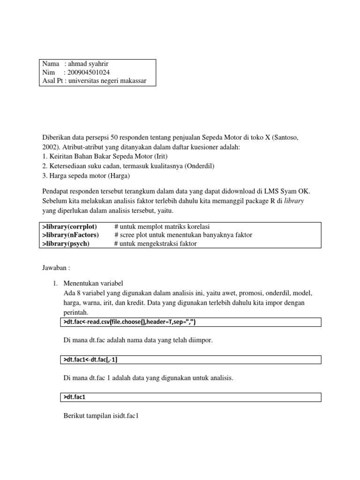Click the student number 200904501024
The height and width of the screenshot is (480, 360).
[x=89, y=72]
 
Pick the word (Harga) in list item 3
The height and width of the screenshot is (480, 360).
[x=120, y=176]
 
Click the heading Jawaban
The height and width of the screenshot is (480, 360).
[x=56, y=268]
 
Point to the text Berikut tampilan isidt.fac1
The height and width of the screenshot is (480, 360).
[x=105, y=415]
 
